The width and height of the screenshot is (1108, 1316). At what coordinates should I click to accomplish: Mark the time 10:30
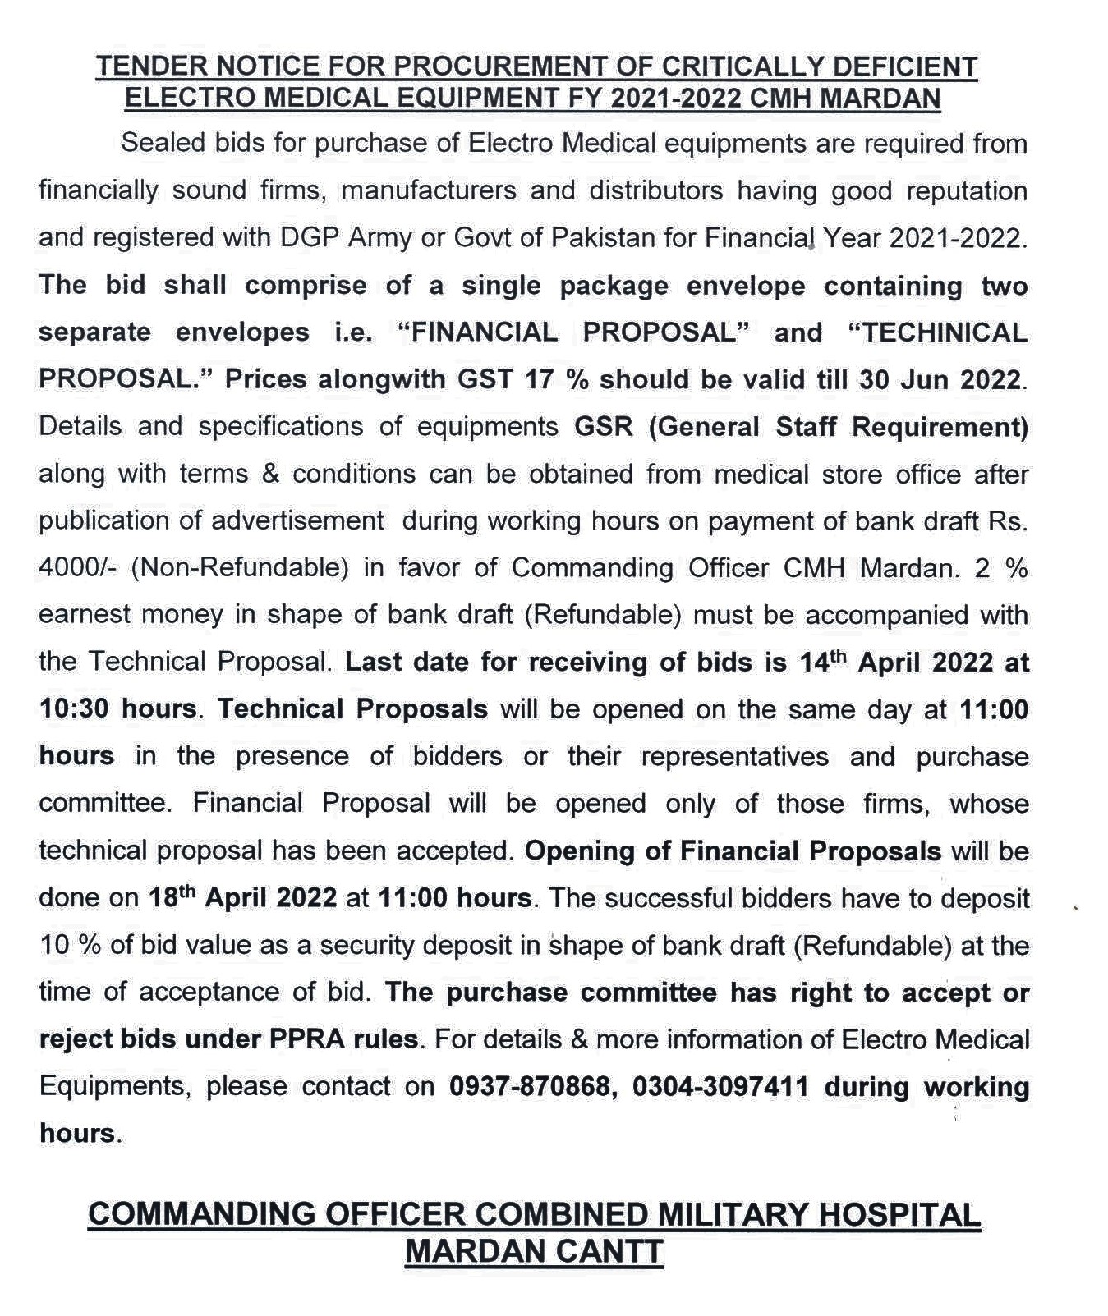click(76, 708)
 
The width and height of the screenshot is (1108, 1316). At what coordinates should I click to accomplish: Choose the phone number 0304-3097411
click(720, 1086)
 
